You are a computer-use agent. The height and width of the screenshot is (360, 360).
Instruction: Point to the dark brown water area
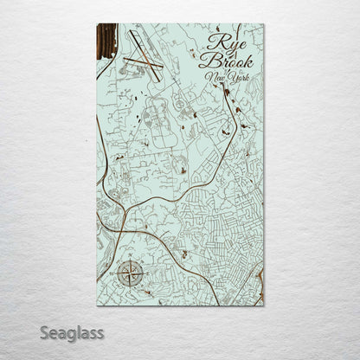[104, 43]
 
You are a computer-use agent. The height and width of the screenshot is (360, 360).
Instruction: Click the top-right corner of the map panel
[263, 24]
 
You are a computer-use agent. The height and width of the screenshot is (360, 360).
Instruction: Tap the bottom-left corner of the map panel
[95, 305]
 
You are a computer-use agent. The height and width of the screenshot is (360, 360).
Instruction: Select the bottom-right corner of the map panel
[263, 305]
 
